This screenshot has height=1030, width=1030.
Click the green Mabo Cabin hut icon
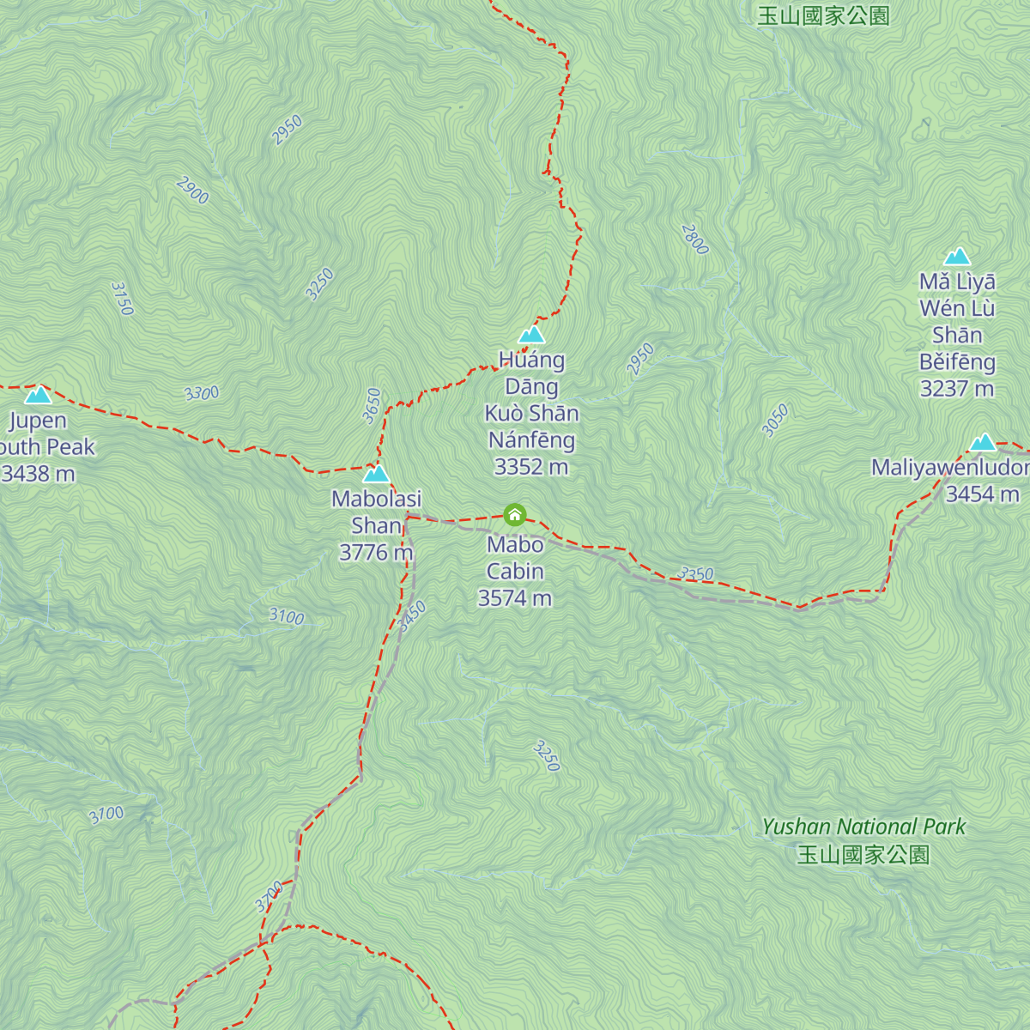pyautogui.click(x=514, y=514)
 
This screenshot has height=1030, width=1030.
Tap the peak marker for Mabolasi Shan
pyautogui.click(x=376, y=474)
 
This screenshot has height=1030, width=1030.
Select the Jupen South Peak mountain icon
pyautogui.click(x=38, y=395)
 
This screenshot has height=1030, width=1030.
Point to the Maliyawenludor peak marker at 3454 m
pyautogui.click(x=983, y=442)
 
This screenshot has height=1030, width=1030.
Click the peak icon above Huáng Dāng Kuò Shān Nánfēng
pyautogui.click(x=531, y=334)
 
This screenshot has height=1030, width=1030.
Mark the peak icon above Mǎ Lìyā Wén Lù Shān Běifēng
pyautogui.click(x=957, y=256)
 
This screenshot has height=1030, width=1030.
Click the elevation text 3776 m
pyautogui.click(x=376, y=552)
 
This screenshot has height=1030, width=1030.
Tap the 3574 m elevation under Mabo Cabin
pyautogui.click(x=514, y=598)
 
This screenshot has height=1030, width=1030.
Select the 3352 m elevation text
pyautogui.click(x=530, y=467)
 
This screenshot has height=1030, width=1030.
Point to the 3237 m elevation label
pyautogui.click(x=956, y=389)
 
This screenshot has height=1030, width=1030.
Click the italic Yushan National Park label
pyautogui.click(x=863, y=827)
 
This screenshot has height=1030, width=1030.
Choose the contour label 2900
pyautogui.click(x=192, y=191)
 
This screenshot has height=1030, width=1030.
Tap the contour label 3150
pyautogui.click(x=123, y=299)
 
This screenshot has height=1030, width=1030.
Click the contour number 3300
pyautogui.click(x=202, y=393)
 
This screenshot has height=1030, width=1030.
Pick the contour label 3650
pyautogui.click(x=372, y=406)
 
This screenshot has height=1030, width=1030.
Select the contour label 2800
pyautogui.click(x=694, y=239)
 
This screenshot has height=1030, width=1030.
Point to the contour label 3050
pyautogui.click(x=775, y=421)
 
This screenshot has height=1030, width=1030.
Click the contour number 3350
pyautogui.click(x=695, y=573)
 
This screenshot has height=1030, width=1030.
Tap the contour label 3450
pyautogui.click(x=413, y=616)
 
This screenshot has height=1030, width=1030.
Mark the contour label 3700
pyautogui.click(x=269, y=897)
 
